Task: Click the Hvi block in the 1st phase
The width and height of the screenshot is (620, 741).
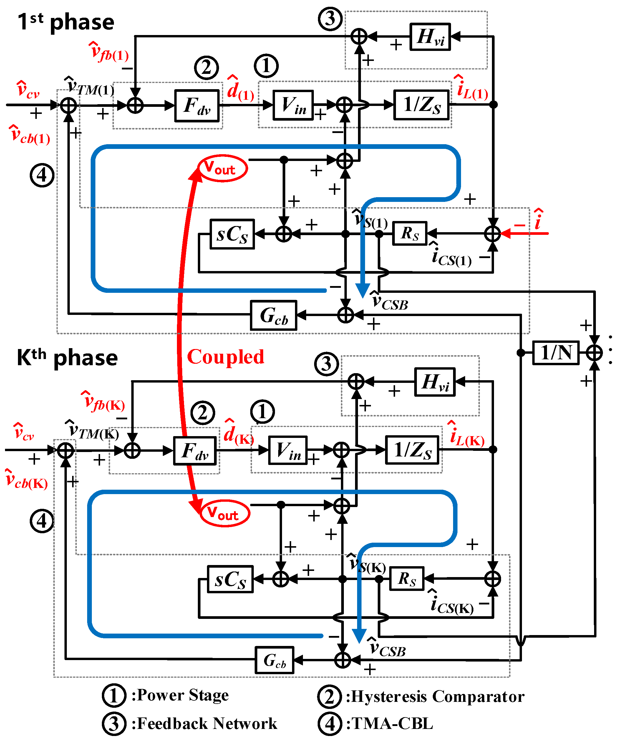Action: (x=430, y=37)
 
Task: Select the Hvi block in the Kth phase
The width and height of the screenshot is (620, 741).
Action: (x=434, y=382)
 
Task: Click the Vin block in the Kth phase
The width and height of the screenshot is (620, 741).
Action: (x=288, y=450)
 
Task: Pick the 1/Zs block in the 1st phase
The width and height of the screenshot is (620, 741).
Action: (x=421, y=105)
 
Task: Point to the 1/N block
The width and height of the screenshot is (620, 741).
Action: (x=556, y=353)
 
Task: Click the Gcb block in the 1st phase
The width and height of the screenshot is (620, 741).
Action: (x=273, y=315)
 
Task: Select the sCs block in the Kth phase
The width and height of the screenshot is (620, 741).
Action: (x=230, y=579)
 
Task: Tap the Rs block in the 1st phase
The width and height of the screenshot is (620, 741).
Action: (x=410, y=233)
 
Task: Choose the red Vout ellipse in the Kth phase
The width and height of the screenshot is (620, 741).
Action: (x=225, y=514)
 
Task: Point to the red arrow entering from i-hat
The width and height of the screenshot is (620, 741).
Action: (x=525, y=233)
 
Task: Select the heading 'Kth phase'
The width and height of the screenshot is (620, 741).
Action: (x=67, y=358)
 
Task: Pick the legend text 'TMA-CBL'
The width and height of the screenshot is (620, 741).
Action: (x=392, y=723)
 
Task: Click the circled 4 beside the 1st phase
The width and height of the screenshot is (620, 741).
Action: (x=42, y=175)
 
